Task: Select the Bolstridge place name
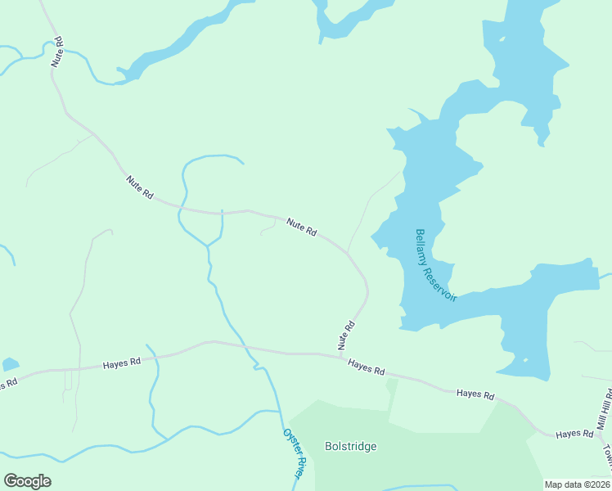[350, 446]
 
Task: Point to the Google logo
[27, 481]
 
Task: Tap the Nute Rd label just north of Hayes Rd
[347, 336]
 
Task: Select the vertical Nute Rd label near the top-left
[57, 51]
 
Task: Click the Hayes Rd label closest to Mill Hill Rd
[574, 433]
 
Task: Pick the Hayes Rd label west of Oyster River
[122, 362]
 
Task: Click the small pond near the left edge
[10, 364]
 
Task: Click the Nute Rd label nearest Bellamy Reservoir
[301, 227]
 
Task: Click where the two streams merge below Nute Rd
[209, 245]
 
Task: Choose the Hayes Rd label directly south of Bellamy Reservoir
[475, 394]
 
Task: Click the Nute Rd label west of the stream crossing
[140, 187]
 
